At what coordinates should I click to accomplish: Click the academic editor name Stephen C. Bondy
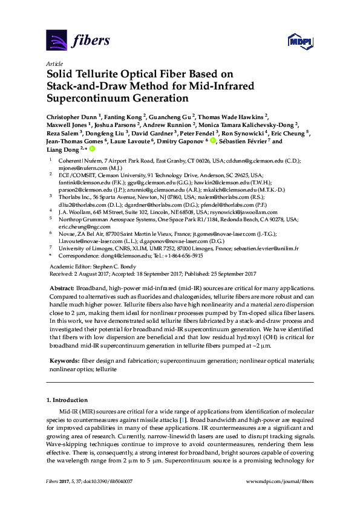(x=119, y=266)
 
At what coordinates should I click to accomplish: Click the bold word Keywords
(x=63, y=360)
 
